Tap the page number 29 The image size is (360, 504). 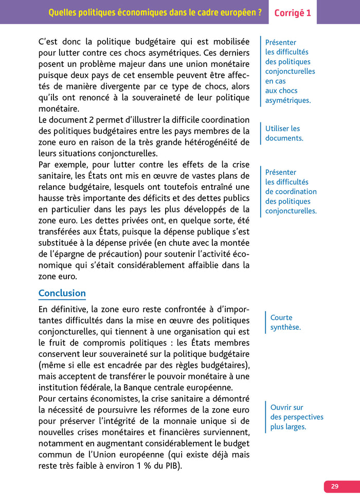click(x=335, y=487)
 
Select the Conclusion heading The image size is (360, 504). click(x=62, y=293)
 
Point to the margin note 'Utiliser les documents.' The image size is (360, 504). click(x=283, y=133)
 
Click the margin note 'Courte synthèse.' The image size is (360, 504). click(x=285, y=322)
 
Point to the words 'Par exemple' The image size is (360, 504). click(x=60, y=165)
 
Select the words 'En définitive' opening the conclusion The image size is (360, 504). click(x=62, y=309)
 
